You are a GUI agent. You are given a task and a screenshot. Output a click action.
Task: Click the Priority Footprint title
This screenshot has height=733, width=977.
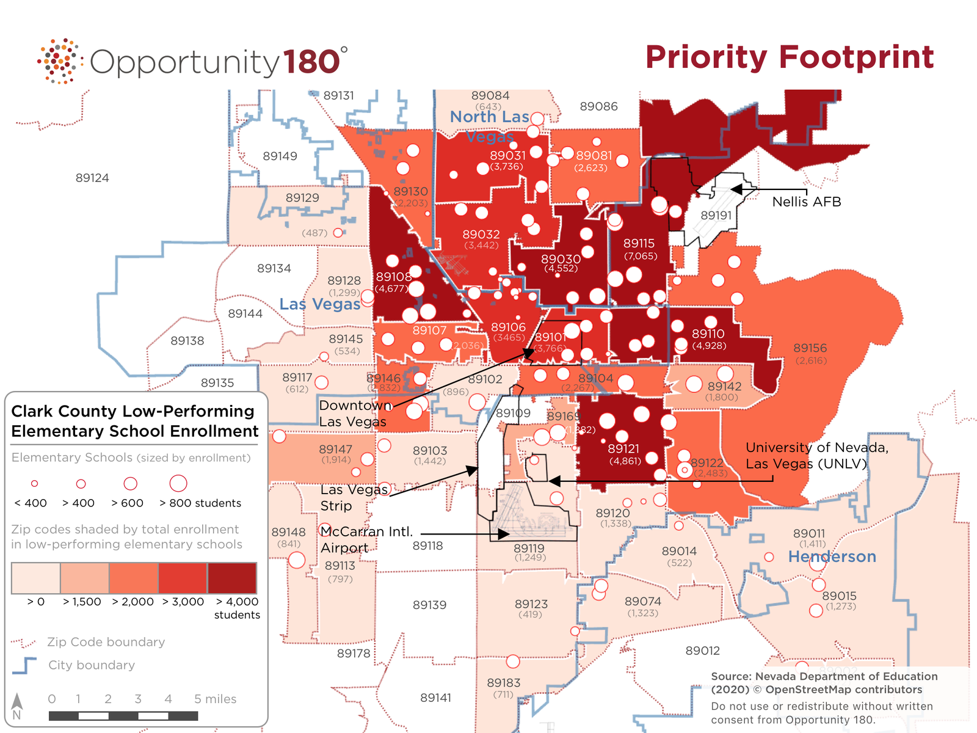(789, 57)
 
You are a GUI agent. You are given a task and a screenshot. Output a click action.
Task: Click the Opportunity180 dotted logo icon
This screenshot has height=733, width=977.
(59, 61)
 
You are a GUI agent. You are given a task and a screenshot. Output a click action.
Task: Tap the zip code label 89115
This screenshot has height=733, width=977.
(639, 243)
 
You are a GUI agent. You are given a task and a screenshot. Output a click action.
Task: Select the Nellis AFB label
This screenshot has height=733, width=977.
(806, 202)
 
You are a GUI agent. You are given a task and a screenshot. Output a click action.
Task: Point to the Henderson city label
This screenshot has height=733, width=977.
(832, 556)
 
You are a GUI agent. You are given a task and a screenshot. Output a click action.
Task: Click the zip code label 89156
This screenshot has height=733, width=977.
(810, 348)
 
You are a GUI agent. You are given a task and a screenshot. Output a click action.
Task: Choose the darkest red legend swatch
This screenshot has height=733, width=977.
(232, 578)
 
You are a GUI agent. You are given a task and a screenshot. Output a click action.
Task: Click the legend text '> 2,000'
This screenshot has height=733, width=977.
(133, 602)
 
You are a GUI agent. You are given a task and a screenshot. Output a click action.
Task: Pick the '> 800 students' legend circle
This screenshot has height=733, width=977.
(178, 483)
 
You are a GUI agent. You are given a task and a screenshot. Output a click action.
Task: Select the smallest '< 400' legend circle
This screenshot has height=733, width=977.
(35, 483)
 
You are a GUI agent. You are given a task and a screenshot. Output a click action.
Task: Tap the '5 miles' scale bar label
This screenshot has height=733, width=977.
(215, 699)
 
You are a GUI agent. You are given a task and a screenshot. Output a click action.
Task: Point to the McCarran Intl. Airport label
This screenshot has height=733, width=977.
(366, 539)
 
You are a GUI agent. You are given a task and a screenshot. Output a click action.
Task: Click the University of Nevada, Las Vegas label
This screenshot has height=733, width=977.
(816, 456)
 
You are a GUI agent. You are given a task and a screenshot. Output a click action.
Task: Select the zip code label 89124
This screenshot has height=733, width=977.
(92, 178)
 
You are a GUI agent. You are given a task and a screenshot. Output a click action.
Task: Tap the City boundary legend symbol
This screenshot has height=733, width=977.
(24, 665)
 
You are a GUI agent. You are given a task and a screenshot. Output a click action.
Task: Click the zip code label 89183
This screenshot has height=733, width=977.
(504, 683)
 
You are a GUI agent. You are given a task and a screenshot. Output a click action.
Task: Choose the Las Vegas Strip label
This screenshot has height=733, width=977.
(354, 497)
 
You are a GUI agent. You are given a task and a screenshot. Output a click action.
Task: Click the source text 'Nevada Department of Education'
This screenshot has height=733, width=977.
(846, 676)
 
